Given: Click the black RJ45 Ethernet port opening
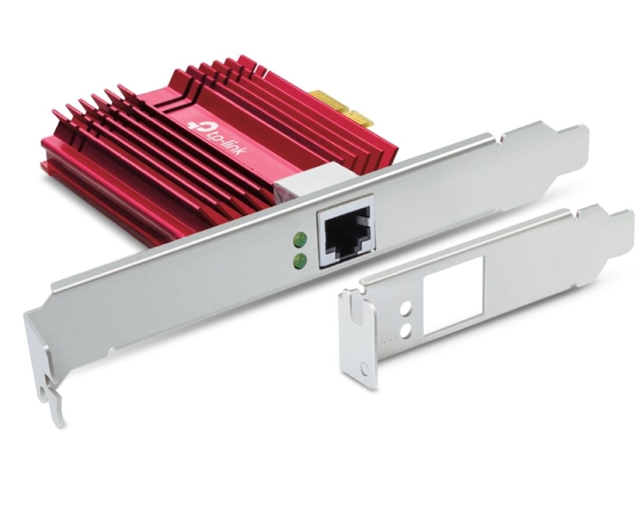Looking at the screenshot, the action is [x=346, y=237].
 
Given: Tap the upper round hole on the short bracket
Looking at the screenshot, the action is [x=406, y=309].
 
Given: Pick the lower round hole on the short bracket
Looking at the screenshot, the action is [x=407, y=329].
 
